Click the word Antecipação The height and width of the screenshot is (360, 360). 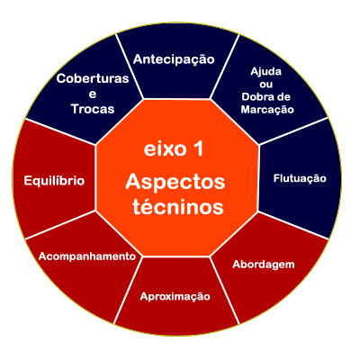174,59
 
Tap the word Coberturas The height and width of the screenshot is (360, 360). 93,78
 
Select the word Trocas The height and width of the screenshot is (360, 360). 93,109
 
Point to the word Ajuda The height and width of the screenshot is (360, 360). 266,72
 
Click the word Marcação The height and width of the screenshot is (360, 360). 267,110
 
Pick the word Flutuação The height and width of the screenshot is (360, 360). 300,178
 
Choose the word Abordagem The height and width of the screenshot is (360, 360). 264,265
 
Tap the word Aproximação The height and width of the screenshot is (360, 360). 175,297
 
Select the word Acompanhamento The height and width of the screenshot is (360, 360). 87,256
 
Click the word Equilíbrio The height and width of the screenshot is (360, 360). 54,181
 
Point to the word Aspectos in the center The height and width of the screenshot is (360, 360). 175,183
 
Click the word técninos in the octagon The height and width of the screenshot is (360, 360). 178,207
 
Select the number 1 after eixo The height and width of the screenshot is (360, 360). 198,149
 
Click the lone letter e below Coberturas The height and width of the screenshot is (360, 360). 93,94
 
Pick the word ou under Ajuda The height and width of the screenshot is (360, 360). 266,85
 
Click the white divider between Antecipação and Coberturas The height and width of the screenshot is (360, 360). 130,66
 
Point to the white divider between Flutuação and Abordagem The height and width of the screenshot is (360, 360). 293,225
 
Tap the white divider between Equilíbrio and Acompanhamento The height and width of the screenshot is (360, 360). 60,225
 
